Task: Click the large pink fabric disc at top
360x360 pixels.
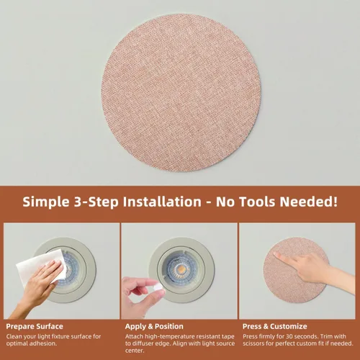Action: click(x=181, y=93)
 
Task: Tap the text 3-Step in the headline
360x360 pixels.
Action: click(x=96, y=202)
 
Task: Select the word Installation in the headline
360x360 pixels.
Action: click(x=162, y=202)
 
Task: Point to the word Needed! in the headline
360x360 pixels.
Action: click(x=309, y=202)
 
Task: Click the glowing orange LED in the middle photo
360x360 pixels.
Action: click(x=181, y=269)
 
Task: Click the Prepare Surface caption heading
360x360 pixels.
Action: click(x=35, y=326)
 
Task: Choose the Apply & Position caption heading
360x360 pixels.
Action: click(x=154, y=326)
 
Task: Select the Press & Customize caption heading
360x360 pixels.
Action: click(x=275, y=326)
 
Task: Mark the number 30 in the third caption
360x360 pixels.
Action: click(x=290, y=336)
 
